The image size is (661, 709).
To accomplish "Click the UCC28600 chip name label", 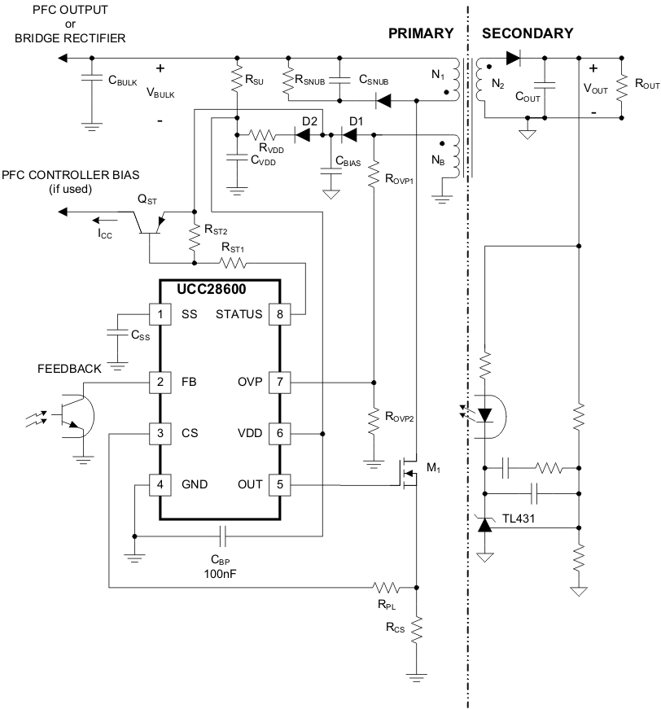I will [201, 290].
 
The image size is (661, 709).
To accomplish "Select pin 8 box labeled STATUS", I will [280, 314].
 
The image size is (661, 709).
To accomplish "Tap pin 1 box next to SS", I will [160, 314].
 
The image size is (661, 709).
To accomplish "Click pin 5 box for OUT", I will [280, 485].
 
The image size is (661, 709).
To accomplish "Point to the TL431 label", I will [519, 517].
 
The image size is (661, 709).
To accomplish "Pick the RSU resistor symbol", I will [237, 81].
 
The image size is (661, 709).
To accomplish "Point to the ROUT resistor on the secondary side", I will [621, 84].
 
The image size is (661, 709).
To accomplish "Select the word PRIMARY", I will [420, 33].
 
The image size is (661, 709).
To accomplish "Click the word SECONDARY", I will [527, 33].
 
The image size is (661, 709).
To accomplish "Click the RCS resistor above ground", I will [416, 629].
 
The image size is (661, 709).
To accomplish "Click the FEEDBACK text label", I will [69, 369].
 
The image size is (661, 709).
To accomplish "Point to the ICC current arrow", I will [103, 220].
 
